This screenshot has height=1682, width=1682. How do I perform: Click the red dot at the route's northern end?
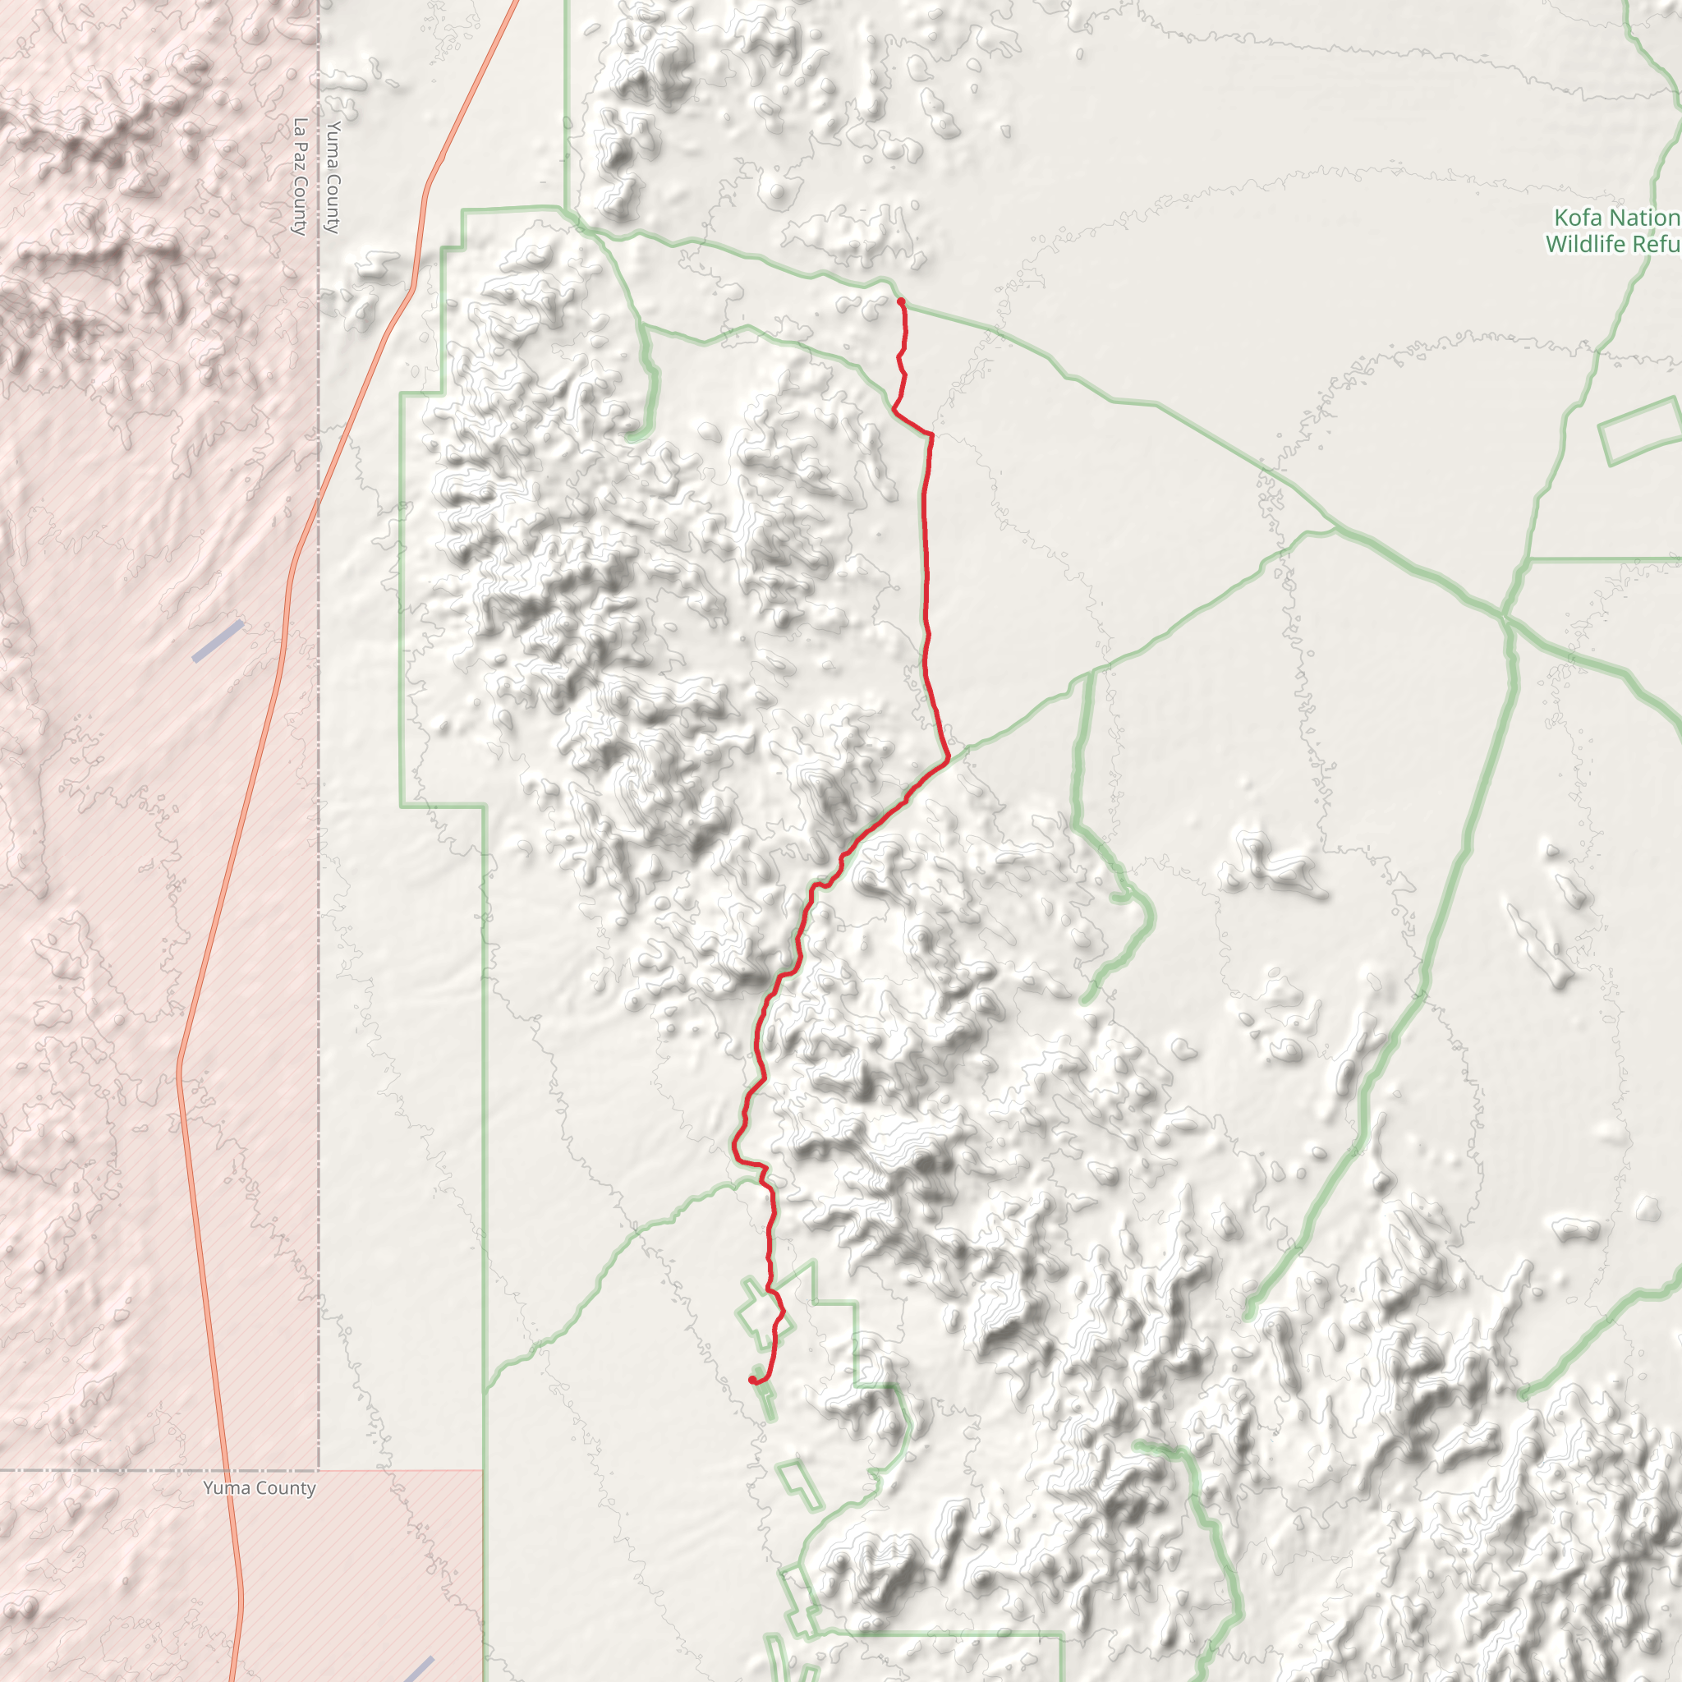click(x=900, y=301)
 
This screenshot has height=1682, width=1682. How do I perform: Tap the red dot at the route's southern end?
click(x=752, y=1380)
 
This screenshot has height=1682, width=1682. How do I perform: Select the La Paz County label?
click(x=301, y=177)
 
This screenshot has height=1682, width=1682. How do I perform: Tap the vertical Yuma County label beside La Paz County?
click(x=333, y=177)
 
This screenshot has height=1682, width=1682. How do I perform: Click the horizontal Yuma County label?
click(x=260, y=1488)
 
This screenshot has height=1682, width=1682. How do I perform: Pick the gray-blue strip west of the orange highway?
click(x=218, y=641)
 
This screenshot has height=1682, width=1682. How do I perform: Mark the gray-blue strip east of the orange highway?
click(x=418, y=1670)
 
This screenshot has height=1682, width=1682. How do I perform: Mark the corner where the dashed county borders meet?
click(x=319, y=1470)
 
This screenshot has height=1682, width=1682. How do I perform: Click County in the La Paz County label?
click(x=301, y=205)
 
